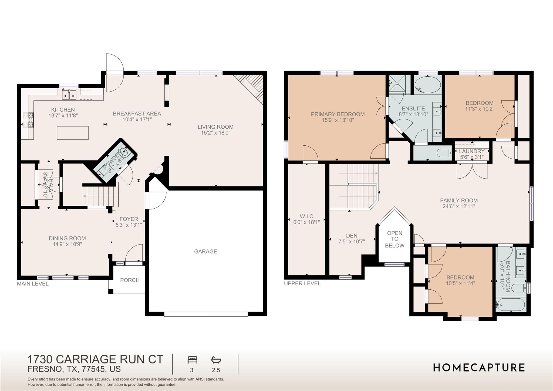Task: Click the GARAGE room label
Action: click(205, 252)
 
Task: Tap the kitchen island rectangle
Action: click(73, 133)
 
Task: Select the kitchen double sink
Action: click(69, 95)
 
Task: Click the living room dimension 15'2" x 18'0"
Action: click(215, 133)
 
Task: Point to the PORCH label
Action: click(130, 280)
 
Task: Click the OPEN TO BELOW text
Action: click(394, 239)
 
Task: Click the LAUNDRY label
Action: click(472, 151)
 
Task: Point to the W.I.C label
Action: click(306, 216)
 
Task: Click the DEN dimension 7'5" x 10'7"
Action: click(352, 242)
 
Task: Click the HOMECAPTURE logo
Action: click(479, 368)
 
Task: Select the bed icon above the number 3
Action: click(193, 360)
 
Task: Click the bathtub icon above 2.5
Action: click(216, 360)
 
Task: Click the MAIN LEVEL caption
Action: click(33, 284)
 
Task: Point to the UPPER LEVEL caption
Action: click(302, 283)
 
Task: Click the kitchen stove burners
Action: click(28, 120)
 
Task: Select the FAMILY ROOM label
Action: click(459, 200)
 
